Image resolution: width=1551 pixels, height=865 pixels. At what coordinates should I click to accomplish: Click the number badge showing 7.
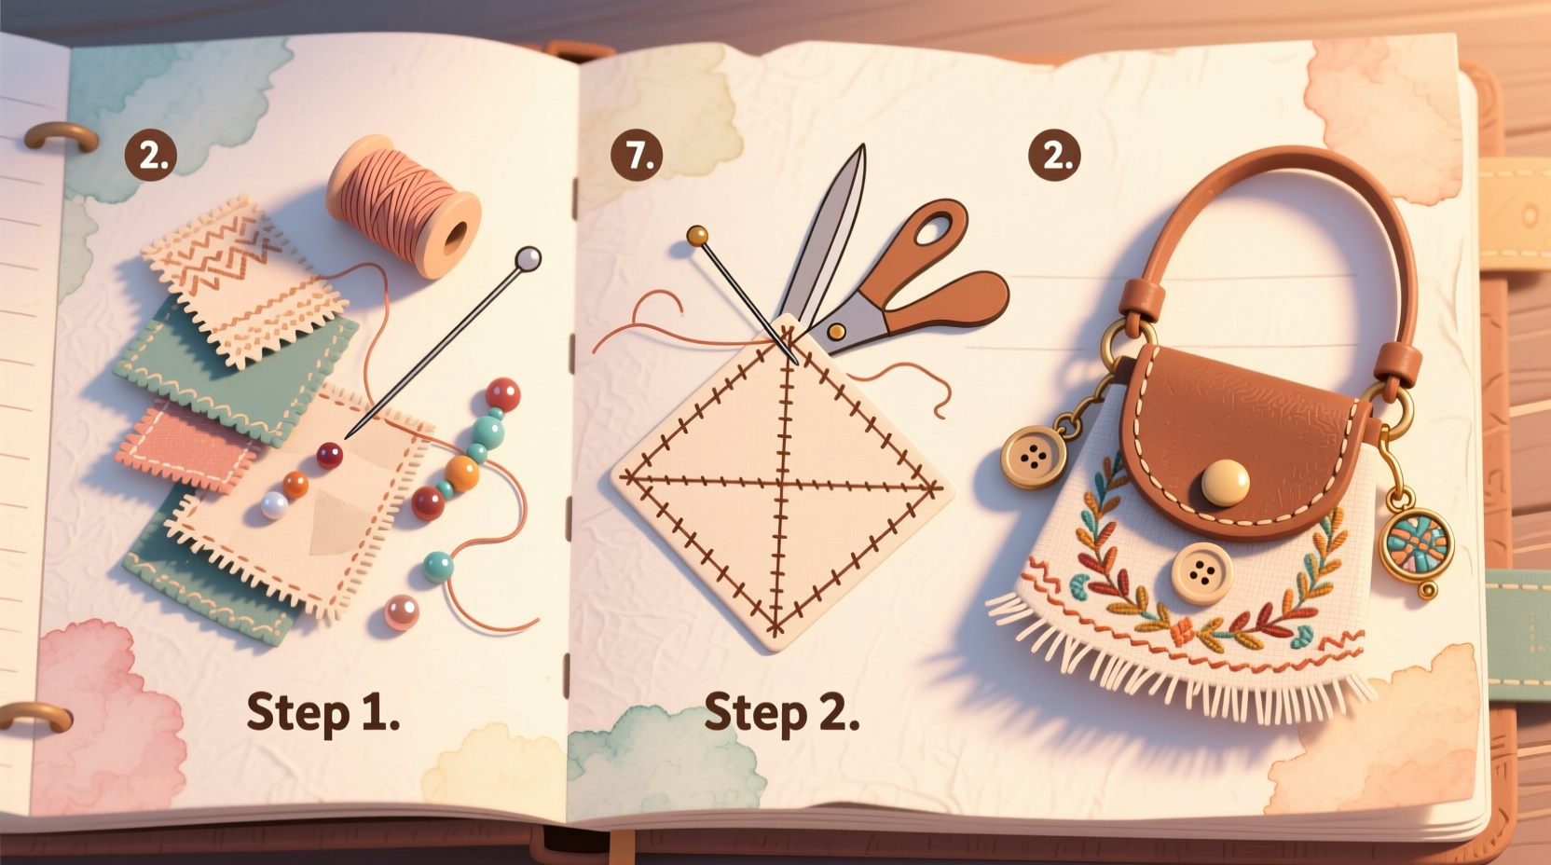coord(638,155)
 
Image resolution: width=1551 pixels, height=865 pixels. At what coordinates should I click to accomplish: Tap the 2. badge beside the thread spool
coord(151,155)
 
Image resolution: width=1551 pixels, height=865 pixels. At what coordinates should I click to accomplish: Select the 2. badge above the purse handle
coord(1054,155)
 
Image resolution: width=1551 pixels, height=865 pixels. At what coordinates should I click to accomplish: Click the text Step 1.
coord(323,713)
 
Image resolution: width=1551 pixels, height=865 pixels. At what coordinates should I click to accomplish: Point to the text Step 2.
coord(781,713)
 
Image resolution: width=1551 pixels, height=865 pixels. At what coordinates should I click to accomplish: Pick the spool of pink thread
coord(404,205)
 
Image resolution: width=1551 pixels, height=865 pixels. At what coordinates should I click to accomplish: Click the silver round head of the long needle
coord(528,258)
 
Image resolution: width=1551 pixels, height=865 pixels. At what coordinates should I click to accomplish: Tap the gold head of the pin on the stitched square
coord(696,236)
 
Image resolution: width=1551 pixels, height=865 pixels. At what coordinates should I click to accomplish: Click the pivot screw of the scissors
coord(836,331)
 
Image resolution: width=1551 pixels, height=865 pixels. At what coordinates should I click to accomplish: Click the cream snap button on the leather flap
coord(1225,483)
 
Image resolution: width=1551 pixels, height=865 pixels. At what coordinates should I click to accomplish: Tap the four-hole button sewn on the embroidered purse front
coord(1201,573)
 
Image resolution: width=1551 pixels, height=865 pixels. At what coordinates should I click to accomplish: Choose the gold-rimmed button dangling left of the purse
coord(1033,457)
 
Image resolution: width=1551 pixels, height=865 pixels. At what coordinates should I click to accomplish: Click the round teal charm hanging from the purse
coord(1416,541)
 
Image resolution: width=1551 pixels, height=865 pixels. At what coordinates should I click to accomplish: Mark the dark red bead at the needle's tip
coord(329,455)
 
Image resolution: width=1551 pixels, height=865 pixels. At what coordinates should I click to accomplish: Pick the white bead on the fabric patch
coord(274,505)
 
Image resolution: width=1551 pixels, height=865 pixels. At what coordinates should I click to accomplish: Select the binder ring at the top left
coord(61,137)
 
